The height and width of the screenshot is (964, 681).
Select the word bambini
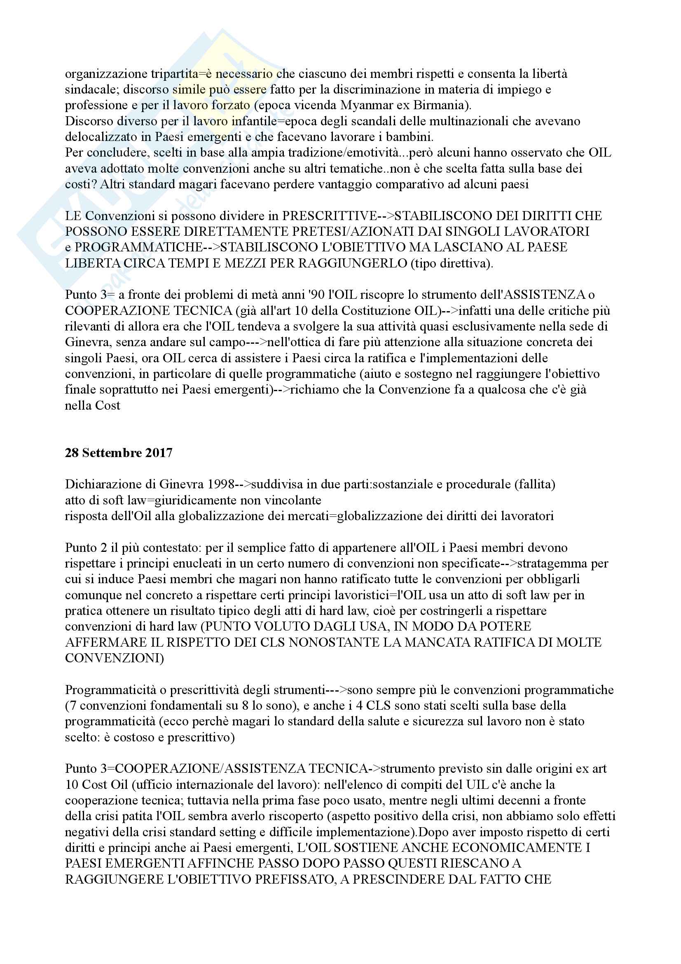pyautogui.click(x=409, y=137)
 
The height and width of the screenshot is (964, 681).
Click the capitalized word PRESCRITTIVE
pyautogui.click(x=330, y=216)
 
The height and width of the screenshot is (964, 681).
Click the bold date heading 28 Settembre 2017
pyautogui.click(x=119, y=453)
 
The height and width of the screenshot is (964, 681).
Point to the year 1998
pyautogui.click(x=220, y=485)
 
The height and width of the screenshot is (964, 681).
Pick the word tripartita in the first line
pyautogui.click(x=169, y=74)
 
